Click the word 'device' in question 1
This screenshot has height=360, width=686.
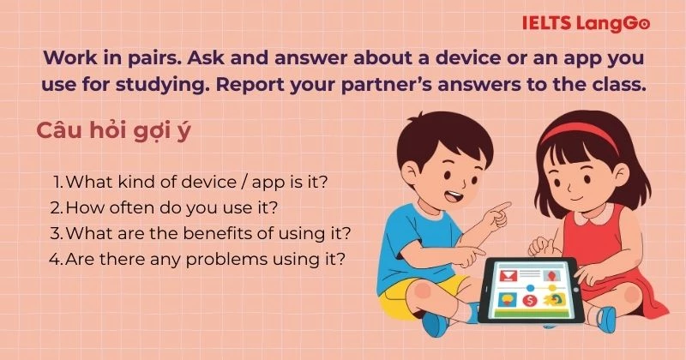[171, 182]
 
